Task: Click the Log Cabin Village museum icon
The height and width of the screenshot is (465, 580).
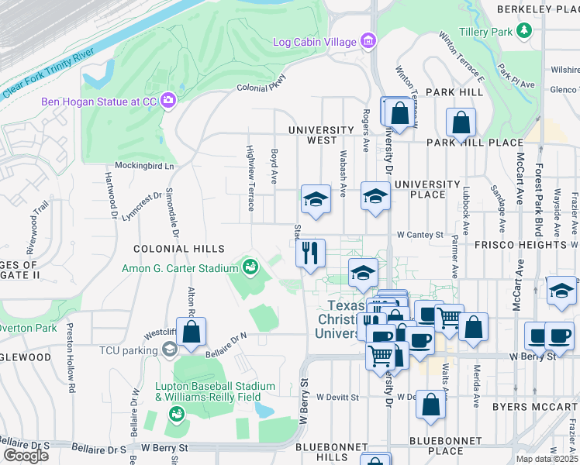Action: (x=368, y=41)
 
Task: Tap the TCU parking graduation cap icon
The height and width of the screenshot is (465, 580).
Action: (x=168, y=350)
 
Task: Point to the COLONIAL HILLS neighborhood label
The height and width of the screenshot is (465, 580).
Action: (x=179, y=249)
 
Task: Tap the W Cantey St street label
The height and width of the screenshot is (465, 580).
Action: (x=419, y=234)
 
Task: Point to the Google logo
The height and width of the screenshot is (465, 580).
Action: (x=26, y=456)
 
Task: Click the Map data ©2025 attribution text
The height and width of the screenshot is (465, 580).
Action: (x=547, y=459)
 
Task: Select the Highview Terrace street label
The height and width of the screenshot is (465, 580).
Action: (x=250, y=178)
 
